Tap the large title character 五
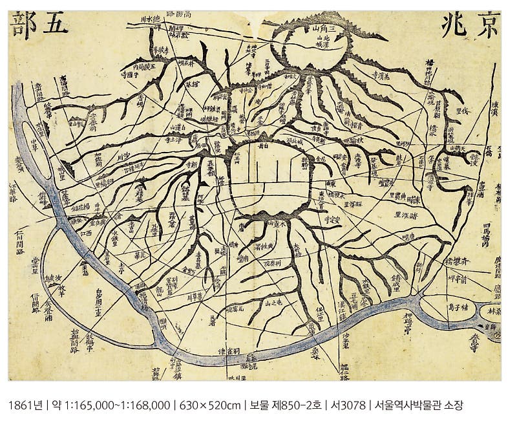(x=55, y=25)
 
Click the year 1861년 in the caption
(x=26, y=405)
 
